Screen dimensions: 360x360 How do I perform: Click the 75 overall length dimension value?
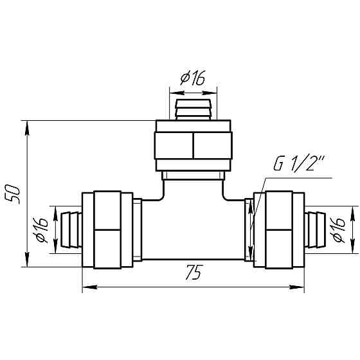[x=194, y=273]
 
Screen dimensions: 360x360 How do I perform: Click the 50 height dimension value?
[x=13, y=194]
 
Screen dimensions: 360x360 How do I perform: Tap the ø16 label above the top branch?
[x=192, y=78]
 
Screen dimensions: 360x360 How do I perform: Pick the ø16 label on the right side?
[x=338, y=230]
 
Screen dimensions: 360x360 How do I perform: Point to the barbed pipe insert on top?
[x=193, y=110]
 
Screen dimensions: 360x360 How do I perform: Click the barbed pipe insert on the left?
[x=71, y=230]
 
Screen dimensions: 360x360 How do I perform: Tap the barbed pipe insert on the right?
[x=315, y=230]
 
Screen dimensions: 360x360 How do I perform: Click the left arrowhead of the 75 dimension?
[x=89, y=287]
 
